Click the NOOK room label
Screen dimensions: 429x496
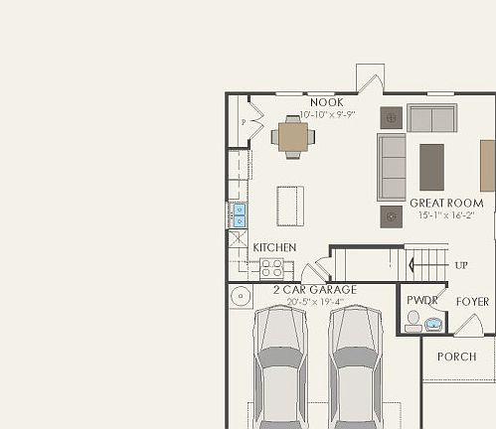click(326, 102)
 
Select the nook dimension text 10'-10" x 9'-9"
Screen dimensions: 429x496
click(326, 115)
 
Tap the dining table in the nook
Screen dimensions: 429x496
click(293, 137)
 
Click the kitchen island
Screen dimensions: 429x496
click(290, 206)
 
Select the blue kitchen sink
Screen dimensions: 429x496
click(240, 214)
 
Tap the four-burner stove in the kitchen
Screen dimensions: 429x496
click(271, 267)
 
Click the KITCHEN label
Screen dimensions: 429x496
click(274, 247)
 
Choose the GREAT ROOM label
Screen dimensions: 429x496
click(446, 203)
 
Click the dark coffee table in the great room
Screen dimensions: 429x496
click(431, 167)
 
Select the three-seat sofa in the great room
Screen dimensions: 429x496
click(392, 167)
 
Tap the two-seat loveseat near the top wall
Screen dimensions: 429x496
click(431, 118)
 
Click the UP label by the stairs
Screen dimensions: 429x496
click(461, 265)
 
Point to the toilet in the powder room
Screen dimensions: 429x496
click(413, 320)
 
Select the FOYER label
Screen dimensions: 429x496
click(472, 301)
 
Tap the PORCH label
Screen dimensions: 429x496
click(456, 357)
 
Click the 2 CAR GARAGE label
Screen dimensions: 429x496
click(314, 289)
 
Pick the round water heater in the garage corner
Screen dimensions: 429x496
click(240, 296)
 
